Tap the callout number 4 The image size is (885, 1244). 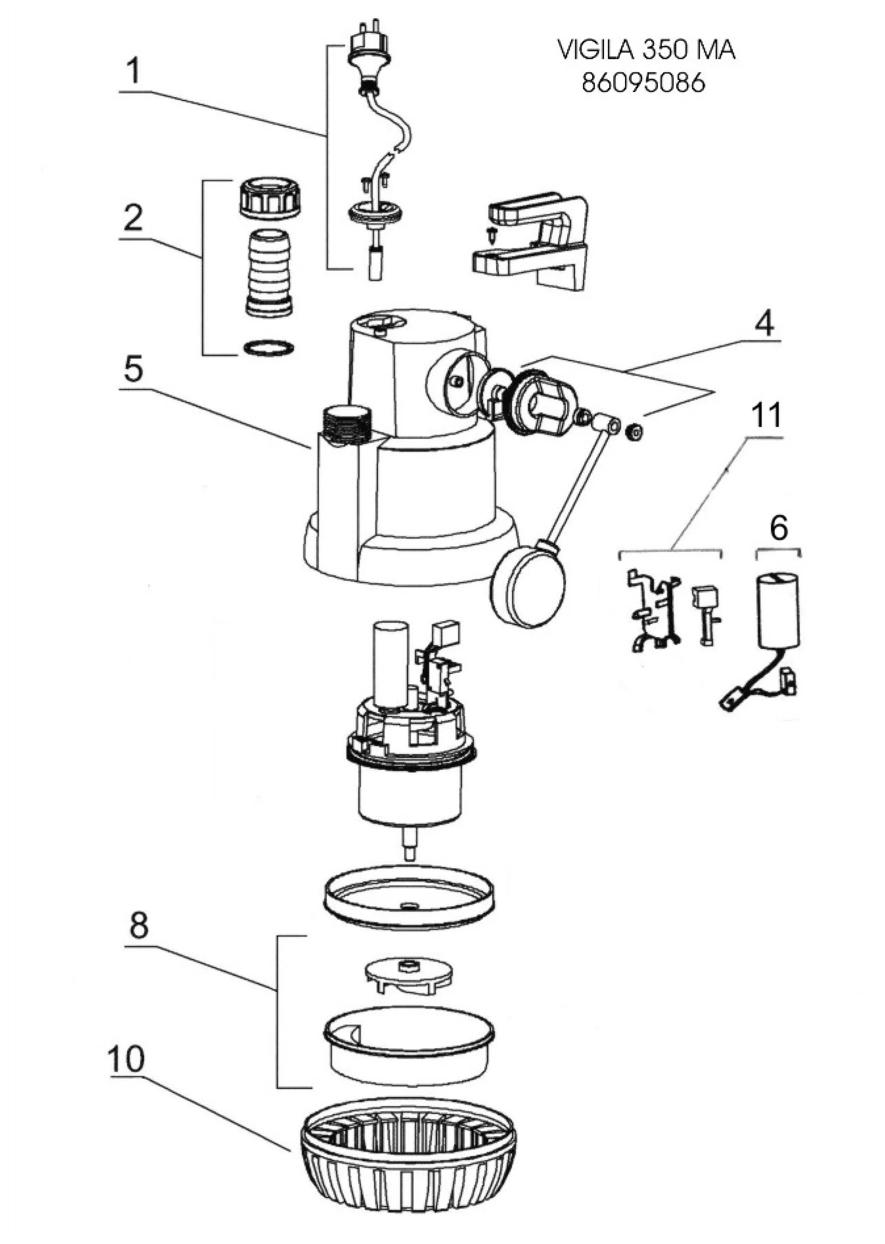764,325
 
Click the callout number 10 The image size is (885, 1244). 126,1058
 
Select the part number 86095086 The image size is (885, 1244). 643,83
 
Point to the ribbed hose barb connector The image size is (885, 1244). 271,272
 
